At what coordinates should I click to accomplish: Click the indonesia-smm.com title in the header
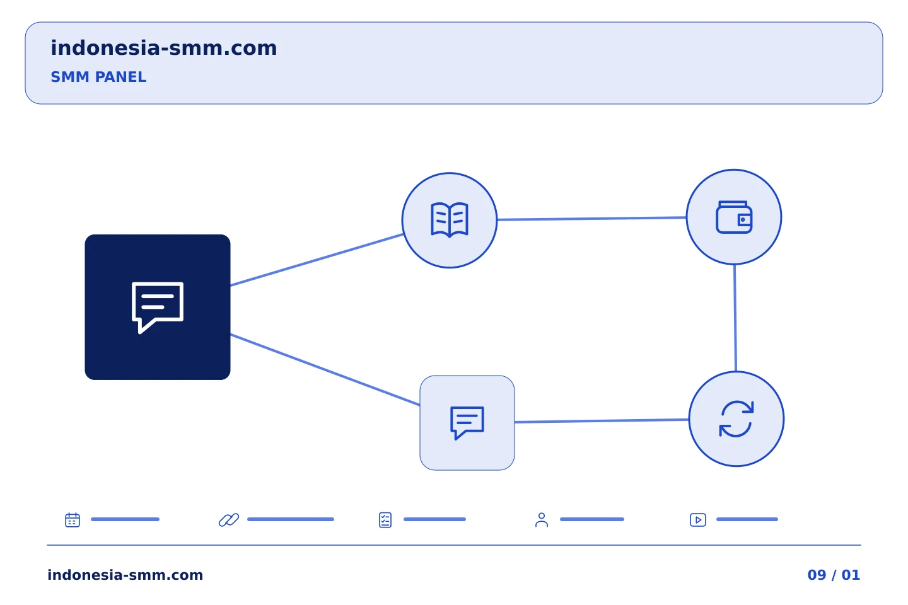click(164, 48)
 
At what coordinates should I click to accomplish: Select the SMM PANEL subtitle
click(98, 77)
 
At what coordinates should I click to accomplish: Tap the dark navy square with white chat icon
click(158, 307)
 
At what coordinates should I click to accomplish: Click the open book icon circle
click(450, 221)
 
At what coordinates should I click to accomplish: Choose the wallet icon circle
click(734, 217)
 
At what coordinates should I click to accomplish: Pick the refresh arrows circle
click(736, 419)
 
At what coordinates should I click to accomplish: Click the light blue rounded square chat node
click(467, 423)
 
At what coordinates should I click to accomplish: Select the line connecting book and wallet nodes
click(592, 219)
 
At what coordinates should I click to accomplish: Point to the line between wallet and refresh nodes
click(735, 318)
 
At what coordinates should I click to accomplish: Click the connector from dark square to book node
click(317, 260)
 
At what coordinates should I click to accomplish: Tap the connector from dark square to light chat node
click(325, 369)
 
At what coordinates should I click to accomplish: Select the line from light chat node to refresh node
click(602, 421)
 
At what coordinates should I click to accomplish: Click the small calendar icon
click(73, 519)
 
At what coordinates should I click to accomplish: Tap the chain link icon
click(229, 519)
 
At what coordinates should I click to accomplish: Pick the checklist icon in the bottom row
click(385, 520)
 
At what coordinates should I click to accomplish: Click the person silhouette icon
click(542, 520)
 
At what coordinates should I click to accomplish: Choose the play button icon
click(698, 520)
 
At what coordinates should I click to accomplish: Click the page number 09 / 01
click(834, 575)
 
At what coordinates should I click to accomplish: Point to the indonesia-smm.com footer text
click(125, 575)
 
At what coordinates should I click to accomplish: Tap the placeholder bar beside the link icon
click(291, 519)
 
